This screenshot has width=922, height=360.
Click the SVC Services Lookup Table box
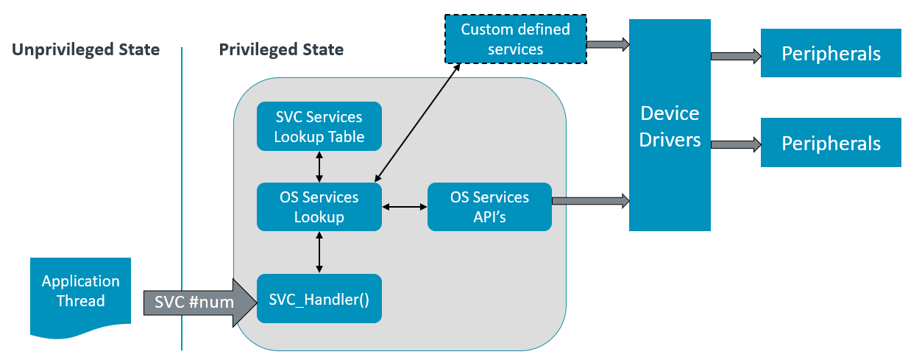[319, 127]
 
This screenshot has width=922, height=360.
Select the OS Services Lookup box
[319, 207]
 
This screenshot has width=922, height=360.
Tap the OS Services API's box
[489, 207]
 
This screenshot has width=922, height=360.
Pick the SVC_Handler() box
[319, 298]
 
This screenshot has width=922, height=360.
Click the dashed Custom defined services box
[515, 40]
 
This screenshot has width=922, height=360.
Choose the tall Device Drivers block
[670, 125]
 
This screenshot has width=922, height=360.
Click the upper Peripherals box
[831, 53]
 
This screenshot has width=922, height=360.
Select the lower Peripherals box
[831, 142]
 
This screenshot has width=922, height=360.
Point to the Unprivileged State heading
[86, 50]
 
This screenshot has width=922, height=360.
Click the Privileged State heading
[281, 50]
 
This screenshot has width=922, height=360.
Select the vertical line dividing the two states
[182, 199]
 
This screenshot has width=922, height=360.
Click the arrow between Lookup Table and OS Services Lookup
[319, 167]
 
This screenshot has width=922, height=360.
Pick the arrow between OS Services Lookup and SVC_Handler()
[319, 252]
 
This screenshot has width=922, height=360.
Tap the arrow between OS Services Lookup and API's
[405, 208]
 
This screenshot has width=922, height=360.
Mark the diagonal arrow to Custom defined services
[416, 122]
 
